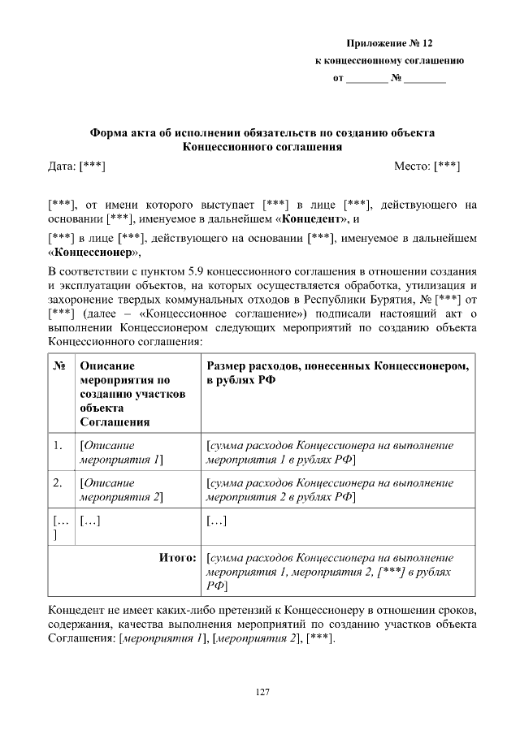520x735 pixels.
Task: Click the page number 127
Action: [x=262, y=692]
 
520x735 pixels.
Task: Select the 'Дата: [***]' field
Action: [x=77, y=166]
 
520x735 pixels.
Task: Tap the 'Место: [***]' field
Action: [x=427, y=166]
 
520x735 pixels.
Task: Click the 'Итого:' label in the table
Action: [x=177, y=559]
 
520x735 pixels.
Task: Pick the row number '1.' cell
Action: [x=58, y=446]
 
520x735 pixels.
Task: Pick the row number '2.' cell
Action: [x=58, y=483]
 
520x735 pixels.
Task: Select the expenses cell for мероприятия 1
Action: [x=330, y=452]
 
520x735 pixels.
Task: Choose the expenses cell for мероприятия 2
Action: [x=330, y=490]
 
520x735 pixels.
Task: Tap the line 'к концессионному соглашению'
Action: [x=389, y=61]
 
